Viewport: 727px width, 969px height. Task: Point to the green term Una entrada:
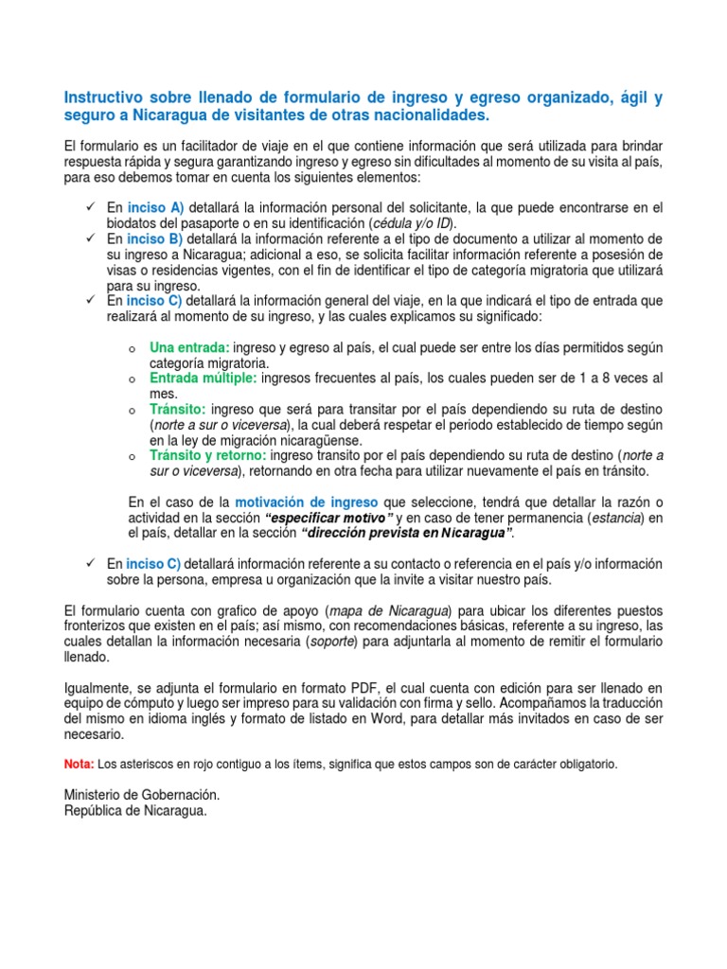189,347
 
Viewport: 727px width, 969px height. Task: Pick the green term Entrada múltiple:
204,378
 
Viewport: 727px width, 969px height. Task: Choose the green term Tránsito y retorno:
208,455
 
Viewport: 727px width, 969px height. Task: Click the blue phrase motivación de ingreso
306,502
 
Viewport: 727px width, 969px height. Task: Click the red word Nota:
79,764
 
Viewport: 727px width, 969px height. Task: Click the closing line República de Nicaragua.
134,811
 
